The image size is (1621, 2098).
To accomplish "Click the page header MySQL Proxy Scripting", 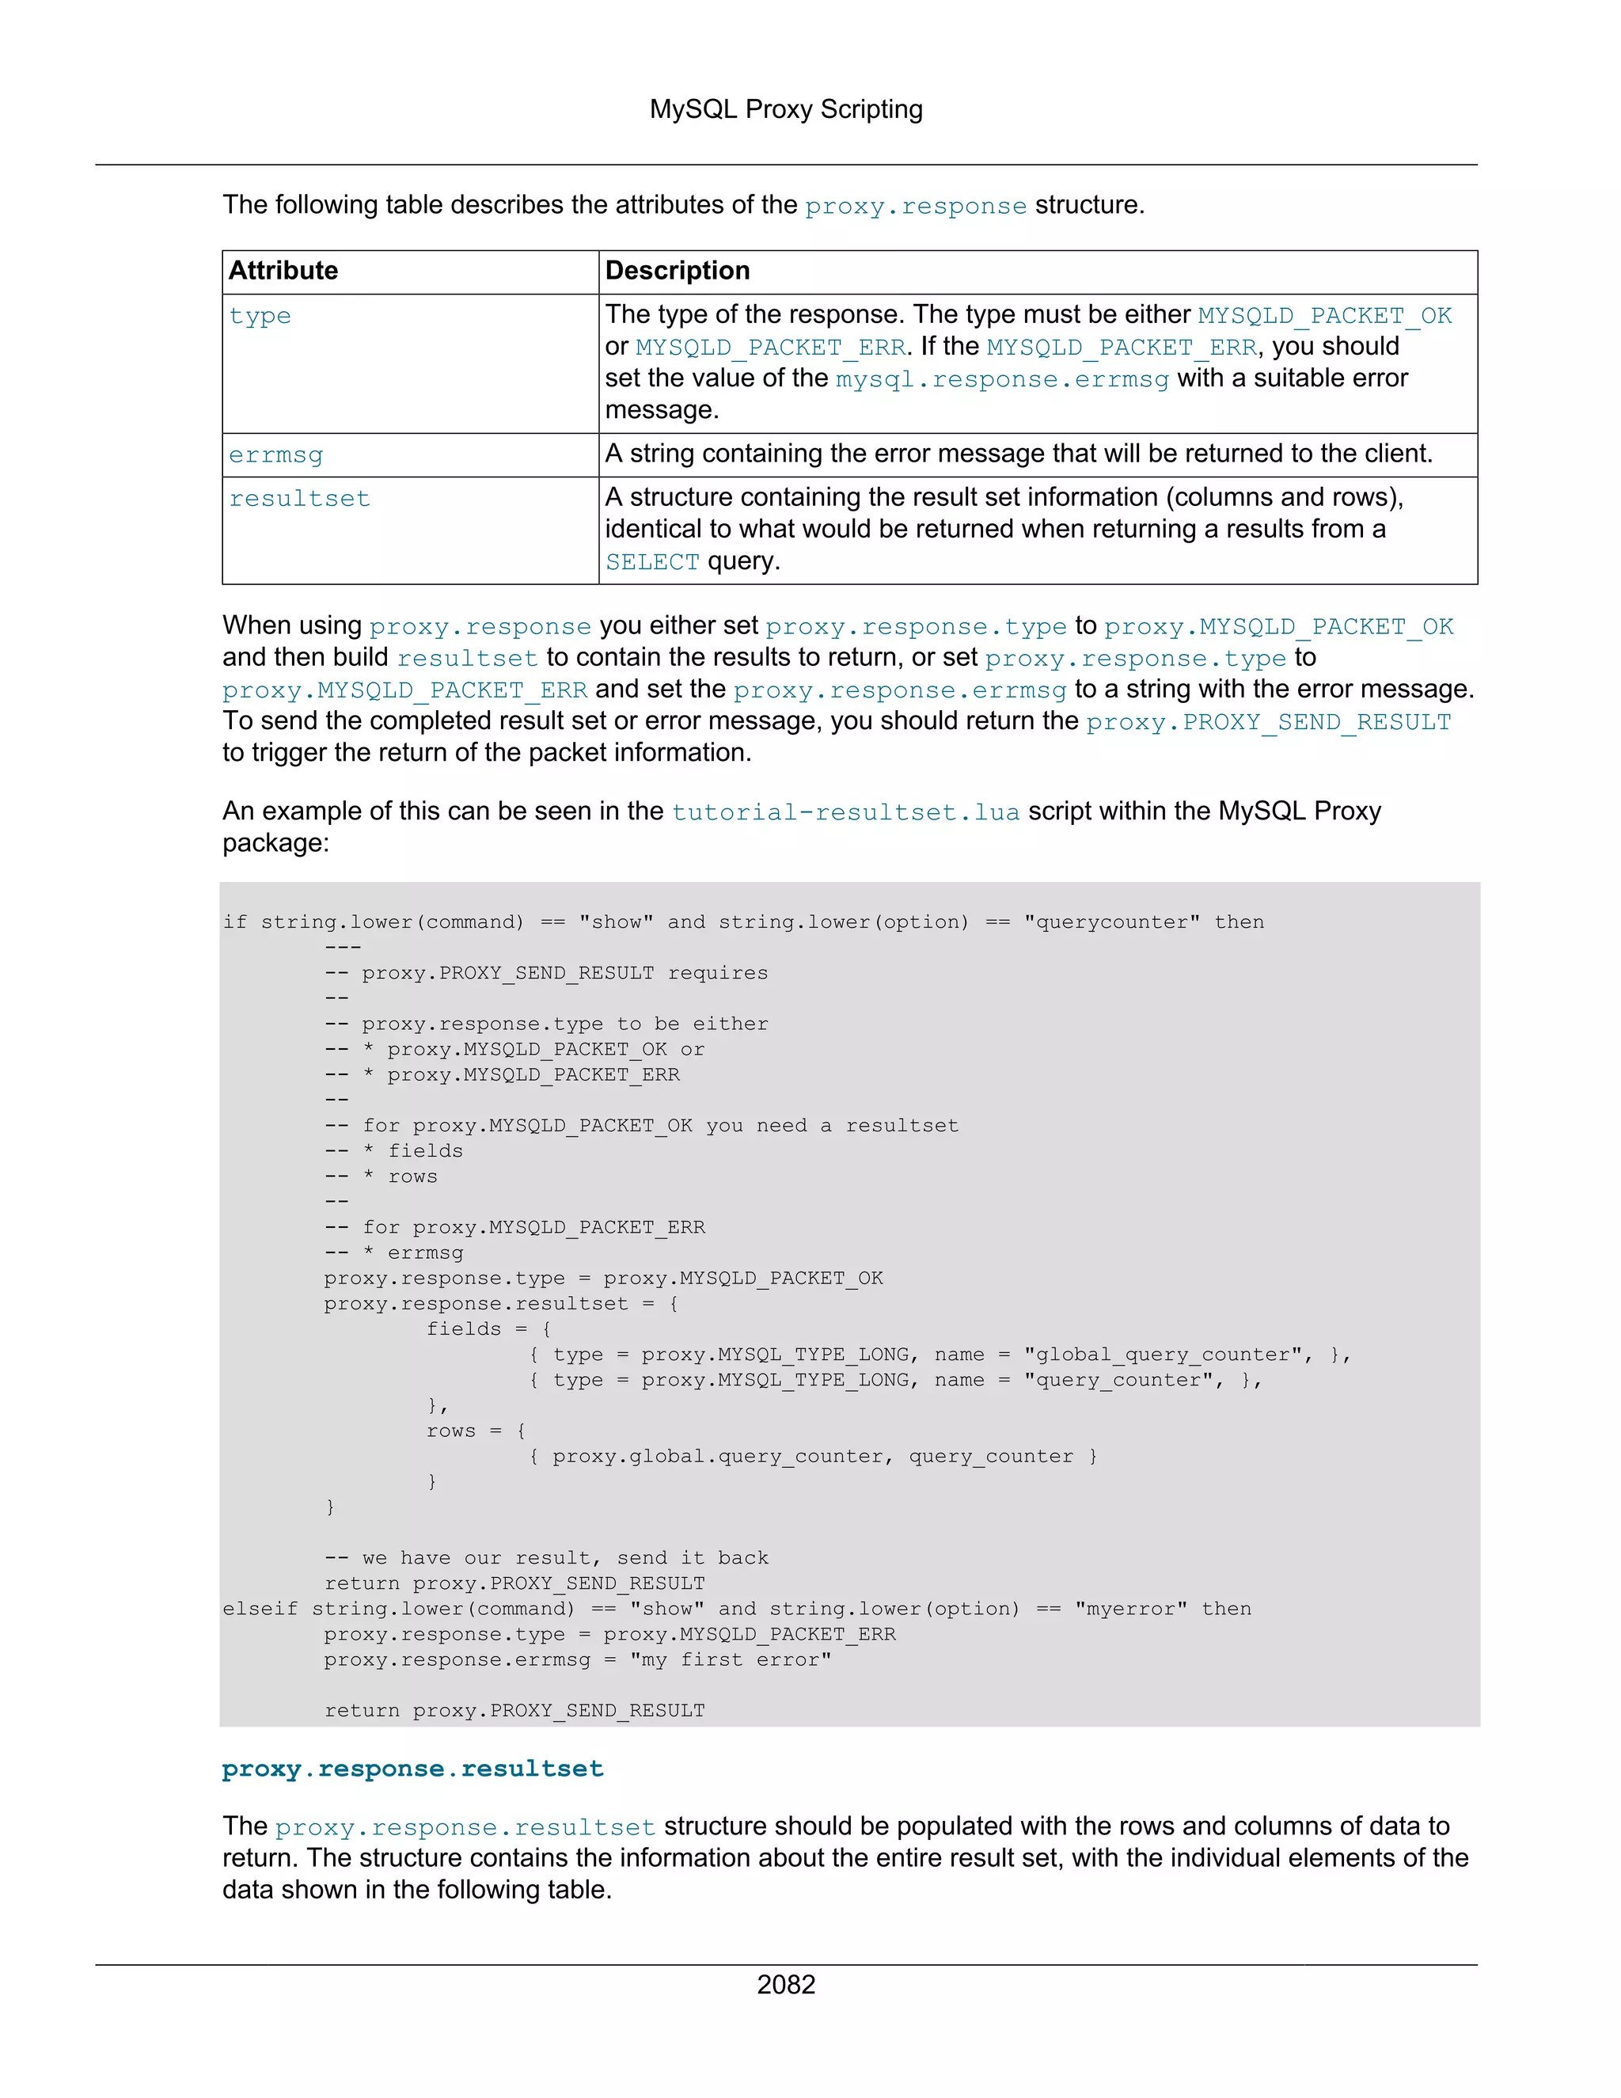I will coord(785,109).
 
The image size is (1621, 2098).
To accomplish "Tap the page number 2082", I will coord(785,1985).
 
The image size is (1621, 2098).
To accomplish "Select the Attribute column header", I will coord(283,271).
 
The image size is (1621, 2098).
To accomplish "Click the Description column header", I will coord(677,271).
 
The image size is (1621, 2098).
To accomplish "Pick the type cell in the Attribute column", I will coord(260,316).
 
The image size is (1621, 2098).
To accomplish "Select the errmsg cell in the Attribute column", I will coord(275,455).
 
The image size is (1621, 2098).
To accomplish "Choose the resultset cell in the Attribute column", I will coord(300,499).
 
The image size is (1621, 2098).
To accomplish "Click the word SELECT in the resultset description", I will coord(652,562).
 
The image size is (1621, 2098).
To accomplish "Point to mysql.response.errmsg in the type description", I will coord(1001,379).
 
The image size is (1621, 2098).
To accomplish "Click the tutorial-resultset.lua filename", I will coord(845,813).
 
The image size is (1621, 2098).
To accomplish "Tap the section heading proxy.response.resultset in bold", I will coord(413,1769).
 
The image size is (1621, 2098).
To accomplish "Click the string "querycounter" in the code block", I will coord(1111,922).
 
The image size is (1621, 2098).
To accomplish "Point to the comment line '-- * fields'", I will coord(393,1151).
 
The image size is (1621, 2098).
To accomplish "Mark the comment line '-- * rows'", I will coord(382,1176).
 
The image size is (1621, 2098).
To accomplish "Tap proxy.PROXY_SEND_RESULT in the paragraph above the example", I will coord(1268,722).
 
